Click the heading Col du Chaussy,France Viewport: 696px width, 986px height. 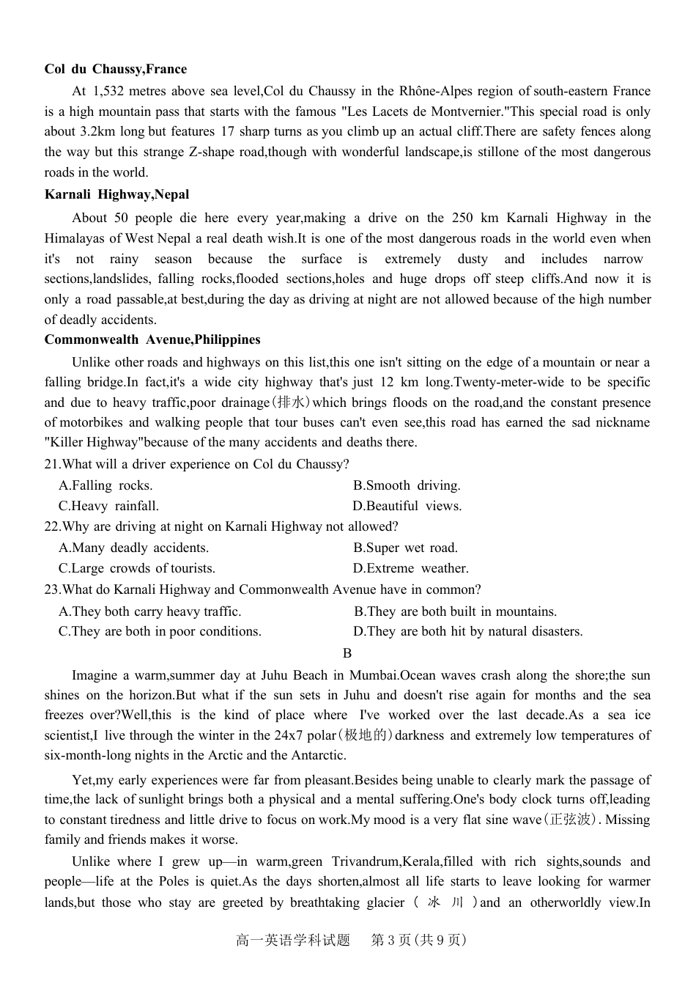(115, 69)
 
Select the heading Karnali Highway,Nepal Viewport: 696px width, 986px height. (116, 194)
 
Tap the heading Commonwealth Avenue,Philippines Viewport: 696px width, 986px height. (152, 339)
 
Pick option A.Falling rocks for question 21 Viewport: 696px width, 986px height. (105, 485)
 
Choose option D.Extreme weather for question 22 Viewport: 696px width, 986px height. (410, 568)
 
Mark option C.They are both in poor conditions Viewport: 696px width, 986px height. (160, 631)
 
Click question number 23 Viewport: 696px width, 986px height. (51, 589)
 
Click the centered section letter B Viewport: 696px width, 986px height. (347, 653)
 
